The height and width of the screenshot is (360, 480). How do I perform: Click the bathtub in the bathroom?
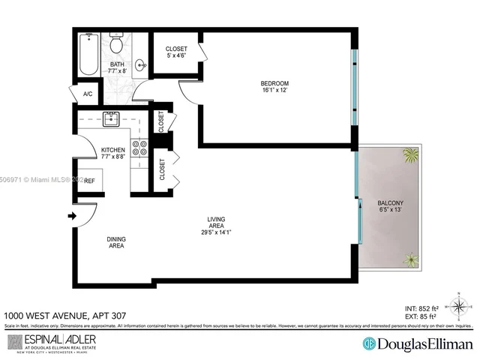[x=88, y=55]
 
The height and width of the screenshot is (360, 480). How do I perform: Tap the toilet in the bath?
[x=116, y=45]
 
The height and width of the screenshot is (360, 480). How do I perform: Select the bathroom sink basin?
[x=141, y=66]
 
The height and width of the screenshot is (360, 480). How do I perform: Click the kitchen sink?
[x=112, y=118]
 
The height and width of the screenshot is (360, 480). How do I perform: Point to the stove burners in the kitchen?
[x=139, y=147]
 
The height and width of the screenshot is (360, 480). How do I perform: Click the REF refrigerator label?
[x=88, y=181]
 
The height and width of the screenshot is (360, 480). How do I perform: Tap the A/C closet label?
[x=88, y=94]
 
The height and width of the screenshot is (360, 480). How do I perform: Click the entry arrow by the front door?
[x=73, y=217]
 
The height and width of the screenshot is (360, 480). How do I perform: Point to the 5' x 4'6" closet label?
[x=176, y=54]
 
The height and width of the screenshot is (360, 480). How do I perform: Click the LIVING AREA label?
[x=217, y=223]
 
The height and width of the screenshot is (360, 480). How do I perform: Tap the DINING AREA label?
[x=116, y=242]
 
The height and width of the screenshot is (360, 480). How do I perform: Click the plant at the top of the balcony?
[x=409, y=156]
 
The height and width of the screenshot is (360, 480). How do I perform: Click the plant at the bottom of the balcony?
[x=410, y=260]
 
